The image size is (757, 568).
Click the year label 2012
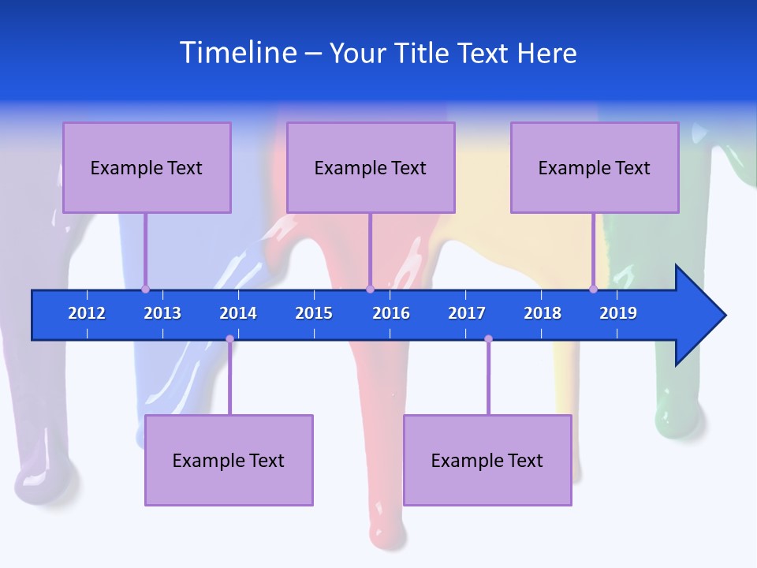pos(87,313)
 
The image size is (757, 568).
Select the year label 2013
pos(162,313)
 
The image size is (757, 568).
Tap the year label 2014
pos(238,313)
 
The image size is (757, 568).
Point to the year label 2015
pos(314,313)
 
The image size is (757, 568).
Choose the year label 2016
pos(391,313)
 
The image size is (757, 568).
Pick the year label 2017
pos(467,313)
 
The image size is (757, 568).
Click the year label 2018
pos(543,313)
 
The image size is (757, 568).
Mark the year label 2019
pos(618,313)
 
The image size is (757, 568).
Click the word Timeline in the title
pos(238,53)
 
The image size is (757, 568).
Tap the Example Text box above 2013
pos(147,167)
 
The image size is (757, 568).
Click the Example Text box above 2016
pos(371,167)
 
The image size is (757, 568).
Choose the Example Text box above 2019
pos(595,167)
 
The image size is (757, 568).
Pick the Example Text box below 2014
pos(229,460)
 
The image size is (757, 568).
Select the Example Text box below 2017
pos(487,460)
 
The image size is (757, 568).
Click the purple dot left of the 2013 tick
pos(145,289)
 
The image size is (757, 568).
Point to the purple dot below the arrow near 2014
pos(229,339)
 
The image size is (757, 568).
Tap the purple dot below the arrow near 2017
pos(488,339)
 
